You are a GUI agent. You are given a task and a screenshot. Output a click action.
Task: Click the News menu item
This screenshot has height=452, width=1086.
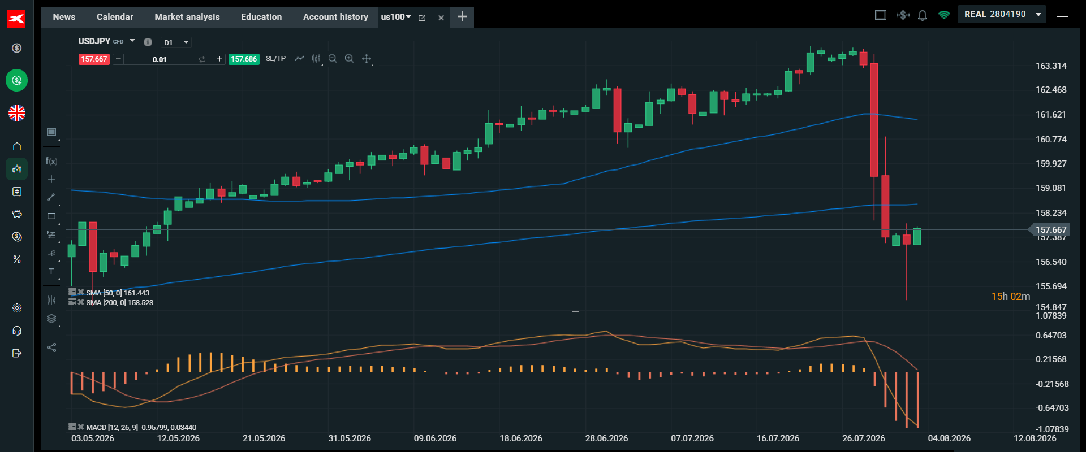coord(64,17)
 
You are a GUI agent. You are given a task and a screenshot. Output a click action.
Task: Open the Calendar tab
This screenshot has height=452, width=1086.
coord(115,17)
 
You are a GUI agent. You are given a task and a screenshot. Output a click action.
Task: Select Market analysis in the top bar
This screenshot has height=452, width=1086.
coord(187,17)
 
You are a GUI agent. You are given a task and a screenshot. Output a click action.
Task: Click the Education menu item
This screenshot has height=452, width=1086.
coord(261,17)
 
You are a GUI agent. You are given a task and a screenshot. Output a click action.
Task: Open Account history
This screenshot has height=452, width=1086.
coord(335,17)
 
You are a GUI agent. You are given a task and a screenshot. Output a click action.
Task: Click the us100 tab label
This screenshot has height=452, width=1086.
coord(393,17)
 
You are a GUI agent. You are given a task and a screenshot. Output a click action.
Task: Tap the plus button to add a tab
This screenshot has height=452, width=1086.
coord(462,17)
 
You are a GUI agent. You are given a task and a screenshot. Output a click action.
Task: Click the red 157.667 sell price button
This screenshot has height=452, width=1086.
coord(94,59)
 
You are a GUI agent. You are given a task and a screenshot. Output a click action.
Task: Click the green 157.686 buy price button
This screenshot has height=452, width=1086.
coord(244,59)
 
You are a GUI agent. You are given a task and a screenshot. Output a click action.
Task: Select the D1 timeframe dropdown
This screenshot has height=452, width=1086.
coord(176,42)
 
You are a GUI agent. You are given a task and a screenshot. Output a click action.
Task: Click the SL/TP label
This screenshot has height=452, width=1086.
coord(275,59)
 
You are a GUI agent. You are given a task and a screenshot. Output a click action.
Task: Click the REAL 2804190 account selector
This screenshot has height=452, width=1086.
coord(1002,14)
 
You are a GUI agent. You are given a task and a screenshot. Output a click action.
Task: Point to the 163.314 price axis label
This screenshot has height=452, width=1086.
coord(1051,66)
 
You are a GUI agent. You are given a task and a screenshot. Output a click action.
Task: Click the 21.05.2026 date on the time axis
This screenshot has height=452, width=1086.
coord(264,438)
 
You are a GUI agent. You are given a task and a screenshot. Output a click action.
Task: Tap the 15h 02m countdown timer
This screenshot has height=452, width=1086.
coord(1010,297)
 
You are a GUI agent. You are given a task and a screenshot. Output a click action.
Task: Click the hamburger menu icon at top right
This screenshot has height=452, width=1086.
coord(1063,14)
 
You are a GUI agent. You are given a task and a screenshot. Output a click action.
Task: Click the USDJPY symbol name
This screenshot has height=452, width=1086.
coord(94,41)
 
